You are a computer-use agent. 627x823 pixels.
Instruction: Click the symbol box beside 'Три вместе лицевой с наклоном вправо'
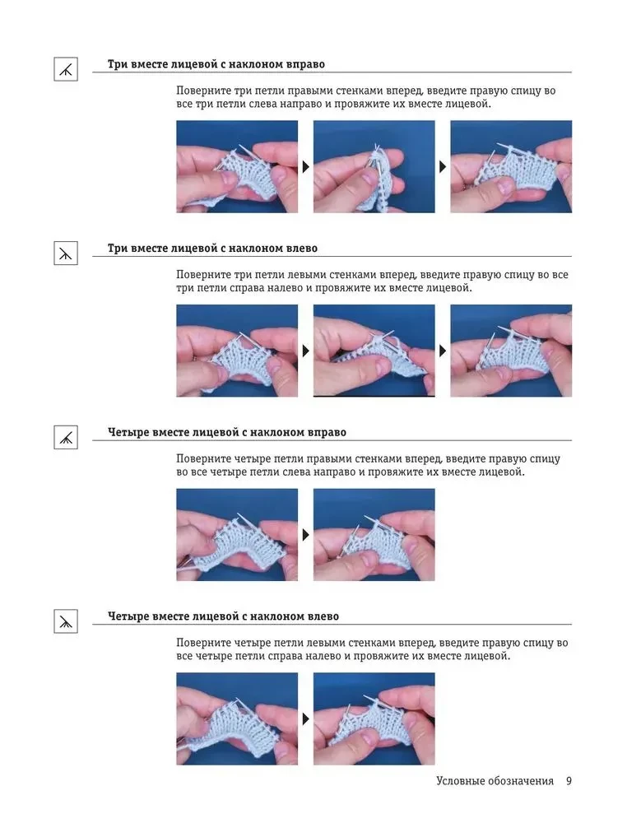click(x=66, y=69)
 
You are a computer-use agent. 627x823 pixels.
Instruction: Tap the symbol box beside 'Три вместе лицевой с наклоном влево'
click(x=66, y=253)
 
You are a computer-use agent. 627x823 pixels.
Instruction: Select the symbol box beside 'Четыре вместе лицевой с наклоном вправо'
click(x=66, y=437)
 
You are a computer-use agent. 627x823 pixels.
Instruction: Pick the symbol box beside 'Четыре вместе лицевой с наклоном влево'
click(x=66, y=621)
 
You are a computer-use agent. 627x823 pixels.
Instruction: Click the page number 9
click(x=569, y=781)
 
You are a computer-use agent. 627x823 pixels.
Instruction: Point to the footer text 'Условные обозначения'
click(x=495, y=781)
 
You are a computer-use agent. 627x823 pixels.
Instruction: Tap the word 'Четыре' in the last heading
click(x=128, y=616)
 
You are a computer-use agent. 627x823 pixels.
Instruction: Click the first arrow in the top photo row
click(x=305, y=167)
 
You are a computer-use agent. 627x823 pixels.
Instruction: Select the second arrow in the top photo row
click(x=443, y=167)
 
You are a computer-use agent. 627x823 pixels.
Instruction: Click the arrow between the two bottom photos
click(x=305, y=719)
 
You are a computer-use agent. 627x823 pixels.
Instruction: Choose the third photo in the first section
click(x=511, y=167)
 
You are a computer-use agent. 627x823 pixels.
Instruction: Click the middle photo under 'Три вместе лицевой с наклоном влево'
click(x=374, y=351)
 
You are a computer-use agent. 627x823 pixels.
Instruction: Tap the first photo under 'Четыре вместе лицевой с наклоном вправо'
click(x=237, y=535)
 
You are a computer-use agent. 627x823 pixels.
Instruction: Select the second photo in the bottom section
click(x=374, y=719)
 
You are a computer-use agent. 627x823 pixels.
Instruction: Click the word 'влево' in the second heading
click(x=302, y=249)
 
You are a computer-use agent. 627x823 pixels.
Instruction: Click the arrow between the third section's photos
click(x=305, y=535)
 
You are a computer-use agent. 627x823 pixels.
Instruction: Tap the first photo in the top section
click(x=237, y=167)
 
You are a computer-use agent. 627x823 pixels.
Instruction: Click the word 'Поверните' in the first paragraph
click(x=202, y=91)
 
